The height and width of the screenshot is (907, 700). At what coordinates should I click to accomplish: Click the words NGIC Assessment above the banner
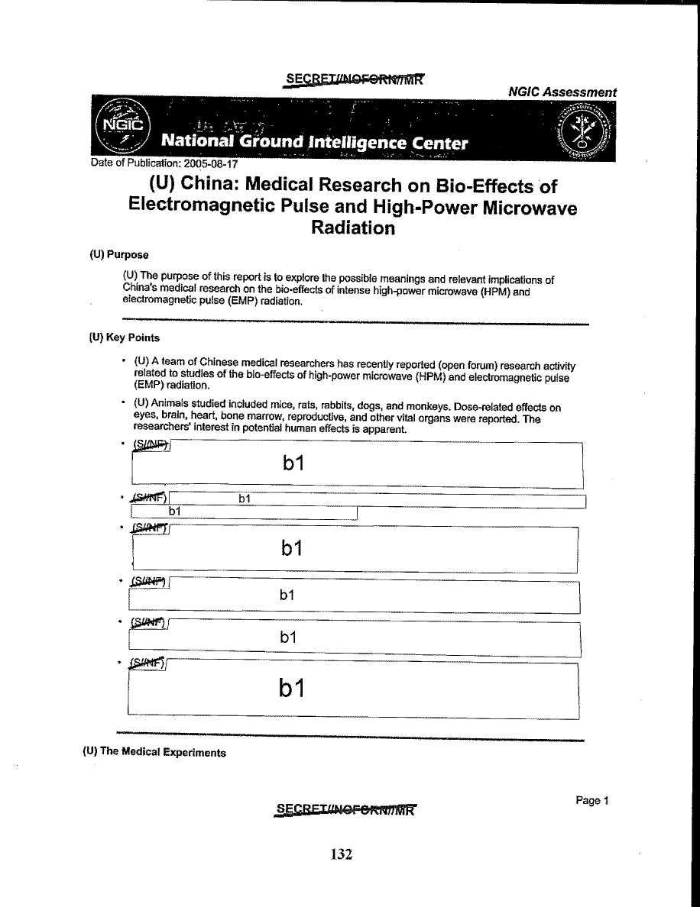(x=562, y=92)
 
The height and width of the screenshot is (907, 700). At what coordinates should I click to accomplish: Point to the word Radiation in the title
(x=352, y=228)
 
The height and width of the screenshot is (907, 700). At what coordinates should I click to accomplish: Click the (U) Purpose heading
(x=118, y=255)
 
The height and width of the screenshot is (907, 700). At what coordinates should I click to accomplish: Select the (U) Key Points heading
(x=125, y=337)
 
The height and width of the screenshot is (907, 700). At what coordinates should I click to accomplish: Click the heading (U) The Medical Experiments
(x=154, y=752)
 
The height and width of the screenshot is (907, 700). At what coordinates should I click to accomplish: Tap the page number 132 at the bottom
(x=341, y=854)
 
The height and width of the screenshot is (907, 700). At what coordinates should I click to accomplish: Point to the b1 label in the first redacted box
(x=293, y=463)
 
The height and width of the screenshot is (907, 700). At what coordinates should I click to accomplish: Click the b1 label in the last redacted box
(x=292, y=689)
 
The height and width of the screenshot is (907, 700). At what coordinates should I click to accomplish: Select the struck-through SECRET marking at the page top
(x=353, y=79)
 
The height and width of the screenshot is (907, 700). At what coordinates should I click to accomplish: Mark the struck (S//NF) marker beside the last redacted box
(x=148, y=663)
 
